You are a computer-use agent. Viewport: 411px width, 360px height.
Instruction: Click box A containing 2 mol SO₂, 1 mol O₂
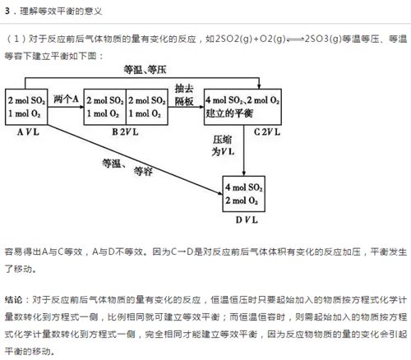coord(26,107)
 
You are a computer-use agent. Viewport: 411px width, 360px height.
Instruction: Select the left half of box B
coord(104,107)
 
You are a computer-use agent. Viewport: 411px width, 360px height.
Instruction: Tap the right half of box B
coord(147,107)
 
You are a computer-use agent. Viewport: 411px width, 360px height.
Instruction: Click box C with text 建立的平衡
coord(242,107)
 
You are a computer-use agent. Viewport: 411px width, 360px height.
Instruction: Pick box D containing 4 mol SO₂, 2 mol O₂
coord(243,194)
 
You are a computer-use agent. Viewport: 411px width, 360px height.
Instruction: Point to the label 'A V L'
coord(28,132)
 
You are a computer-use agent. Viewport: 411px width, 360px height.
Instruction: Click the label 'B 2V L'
coord(125,132)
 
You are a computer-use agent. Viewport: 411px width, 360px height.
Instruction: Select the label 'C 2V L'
coord(267,132)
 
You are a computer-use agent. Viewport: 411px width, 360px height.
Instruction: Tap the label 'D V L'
coord(247,219)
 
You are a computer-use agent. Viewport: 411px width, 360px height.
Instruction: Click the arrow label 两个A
coord(66,99)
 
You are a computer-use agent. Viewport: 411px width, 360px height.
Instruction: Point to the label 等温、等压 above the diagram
coord(145,70)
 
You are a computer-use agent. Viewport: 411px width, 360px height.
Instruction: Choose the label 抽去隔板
coord(184,95)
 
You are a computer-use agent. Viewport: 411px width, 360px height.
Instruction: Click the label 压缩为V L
coord(223,145)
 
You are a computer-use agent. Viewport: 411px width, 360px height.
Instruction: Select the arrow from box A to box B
coord(66,107)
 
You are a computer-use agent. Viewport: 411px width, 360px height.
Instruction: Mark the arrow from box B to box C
coord(186,107)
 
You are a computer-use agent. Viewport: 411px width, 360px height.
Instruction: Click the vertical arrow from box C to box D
coord(243,150)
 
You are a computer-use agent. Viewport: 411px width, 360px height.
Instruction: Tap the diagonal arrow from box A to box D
coord(135,159)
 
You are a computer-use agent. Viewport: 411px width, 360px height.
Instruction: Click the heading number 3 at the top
coord(7,11)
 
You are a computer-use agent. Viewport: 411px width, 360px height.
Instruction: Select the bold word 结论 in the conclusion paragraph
coord(13,299)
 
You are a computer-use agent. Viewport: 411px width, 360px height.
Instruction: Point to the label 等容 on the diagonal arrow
coord(143,171)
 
